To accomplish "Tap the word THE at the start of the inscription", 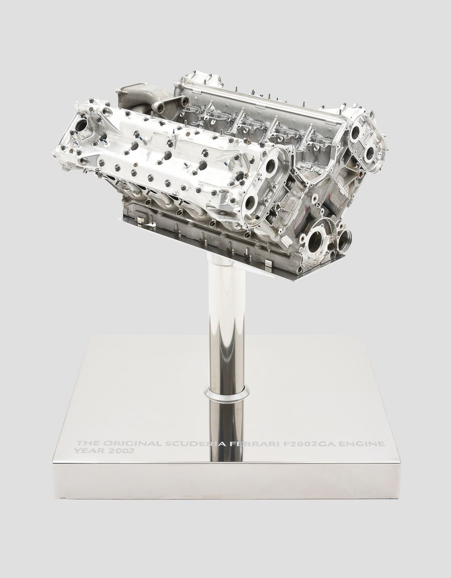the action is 88,444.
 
